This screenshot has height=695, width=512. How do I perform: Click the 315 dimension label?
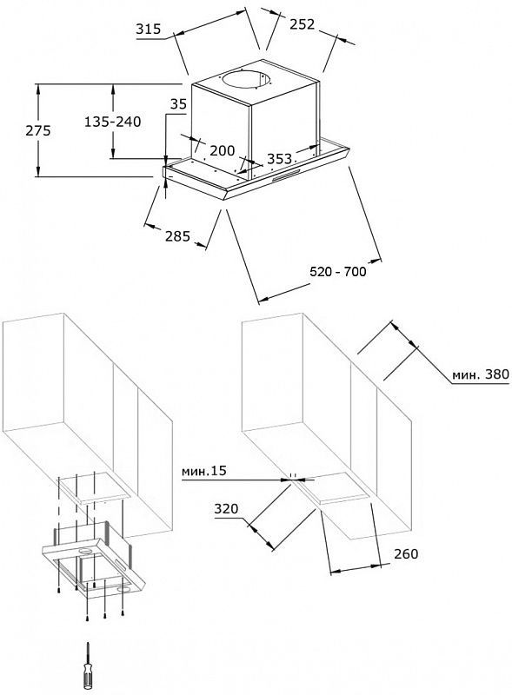149,30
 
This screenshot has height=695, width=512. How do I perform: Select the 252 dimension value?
303,24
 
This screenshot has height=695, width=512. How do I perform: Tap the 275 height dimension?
38,131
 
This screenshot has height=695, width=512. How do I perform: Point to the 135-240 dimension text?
113,122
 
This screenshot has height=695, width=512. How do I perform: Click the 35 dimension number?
179,104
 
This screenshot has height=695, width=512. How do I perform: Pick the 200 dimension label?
223,150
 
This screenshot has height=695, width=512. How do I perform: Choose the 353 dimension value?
280,158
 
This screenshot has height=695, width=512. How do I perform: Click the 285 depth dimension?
177,236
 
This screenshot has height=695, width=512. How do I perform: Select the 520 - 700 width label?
338,271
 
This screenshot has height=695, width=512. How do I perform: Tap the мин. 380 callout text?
481,374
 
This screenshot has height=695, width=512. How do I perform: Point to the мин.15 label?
203,471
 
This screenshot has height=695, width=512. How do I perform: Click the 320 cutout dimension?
226,509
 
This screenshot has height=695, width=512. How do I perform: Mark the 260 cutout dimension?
406,553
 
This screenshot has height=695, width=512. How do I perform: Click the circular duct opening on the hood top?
247,79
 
